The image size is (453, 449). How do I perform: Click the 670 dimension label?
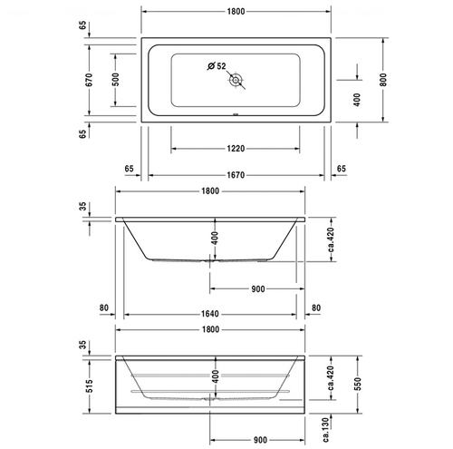[89, 78]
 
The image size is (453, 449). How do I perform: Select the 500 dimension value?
[116, 78]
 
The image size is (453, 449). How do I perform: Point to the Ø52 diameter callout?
[215, 65]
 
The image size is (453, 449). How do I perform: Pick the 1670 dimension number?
[236, 169]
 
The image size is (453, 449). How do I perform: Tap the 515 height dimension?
[89, 388]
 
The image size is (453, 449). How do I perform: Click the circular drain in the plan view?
[237, 80]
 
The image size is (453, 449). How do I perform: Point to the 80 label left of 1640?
[105, 308]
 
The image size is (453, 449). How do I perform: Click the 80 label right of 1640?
[315, 308]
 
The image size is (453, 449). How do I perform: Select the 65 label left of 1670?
[129, 169]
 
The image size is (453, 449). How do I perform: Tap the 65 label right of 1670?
[341, 169]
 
